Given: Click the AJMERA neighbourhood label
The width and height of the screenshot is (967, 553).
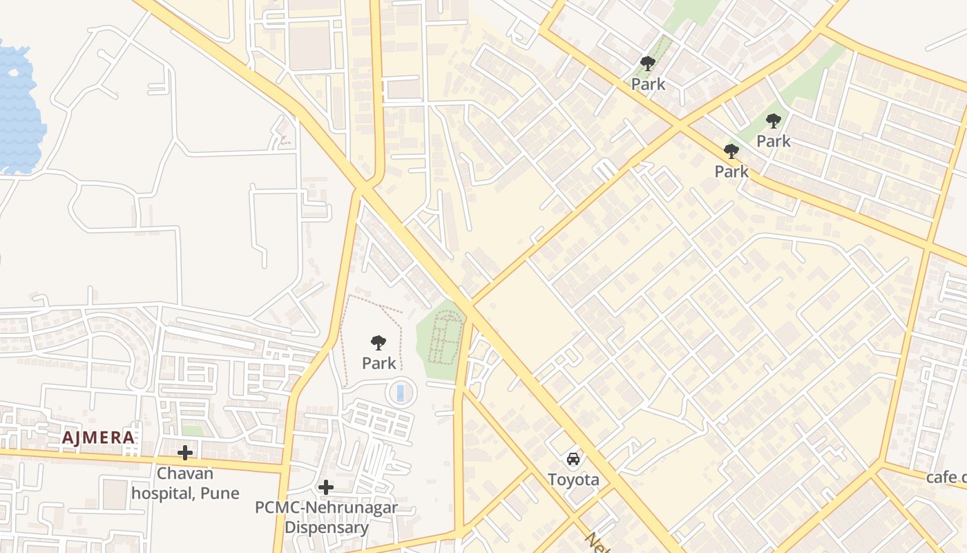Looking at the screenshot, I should click(98, 438).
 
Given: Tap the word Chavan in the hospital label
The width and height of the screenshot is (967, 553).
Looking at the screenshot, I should click(185, 474).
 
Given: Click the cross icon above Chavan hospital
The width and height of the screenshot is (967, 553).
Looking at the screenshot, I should click(185, 453).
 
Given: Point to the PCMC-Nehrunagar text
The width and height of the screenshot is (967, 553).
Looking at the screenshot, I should click(326, 508).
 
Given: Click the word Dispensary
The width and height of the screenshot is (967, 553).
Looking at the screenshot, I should click(326, 528).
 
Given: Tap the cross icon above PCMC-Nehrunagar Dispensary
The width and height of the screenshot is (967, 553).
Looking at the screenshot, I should click(326, 487).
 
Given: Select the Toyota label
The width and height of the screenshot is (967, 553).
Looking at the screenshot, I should click(573, 480).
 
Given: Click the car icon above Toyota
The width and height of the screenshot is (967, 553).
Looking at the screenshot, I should click(573, 458).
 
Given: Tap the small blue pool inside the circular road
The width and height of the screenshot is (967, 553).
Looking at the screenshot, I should click(400, 393).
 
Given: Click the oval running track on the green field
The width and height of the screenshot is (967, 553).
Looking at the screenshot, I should click(445, 337).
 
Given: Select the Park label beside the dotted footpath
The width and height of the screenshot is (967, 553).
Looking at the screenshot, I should click(379, 363).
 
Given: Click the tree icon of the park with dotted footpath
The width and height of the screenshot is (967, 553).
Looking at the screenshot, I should click(379, 342).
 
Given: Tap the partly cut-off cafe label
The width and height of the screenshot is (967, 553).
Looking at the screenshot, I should click(946, 478).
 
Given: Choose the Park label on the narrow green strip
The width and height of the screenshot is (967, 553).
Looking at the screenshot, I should click(648, 84).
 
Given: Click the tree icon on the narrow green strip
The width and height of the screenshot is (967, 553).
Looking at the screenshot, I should click(648, 64).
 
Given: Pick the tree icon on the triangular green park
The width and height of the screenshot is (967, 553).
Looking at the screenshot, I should click(774, 121).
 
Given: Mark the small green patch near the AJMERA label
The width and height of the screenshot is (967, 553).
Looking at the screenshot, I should click(193, 431).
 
